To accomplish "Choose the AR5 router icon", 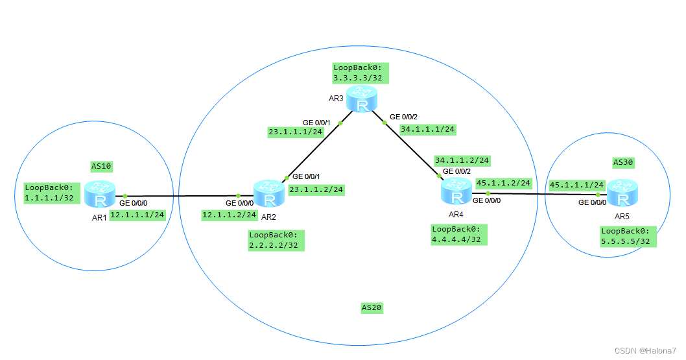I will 623,193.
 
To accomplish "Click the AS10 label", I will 101,166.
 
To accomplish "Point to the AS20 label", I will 372,307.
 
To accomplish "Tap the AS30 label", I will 623,162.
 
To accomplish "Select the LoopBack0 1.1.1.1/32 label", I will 49,193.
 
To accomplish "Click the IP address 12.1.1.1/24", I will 137,215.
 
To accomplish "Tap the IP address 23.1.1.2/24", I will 316,189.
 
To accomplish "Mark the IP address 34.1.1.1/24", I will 428,129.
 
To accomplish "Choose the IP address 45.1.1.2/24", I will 503,183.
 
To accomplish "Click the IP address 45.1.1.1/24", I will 576,184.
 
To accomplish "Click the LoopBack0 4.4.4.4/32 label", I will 460,234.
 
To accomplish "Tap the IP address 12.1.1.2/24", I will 229,214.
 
